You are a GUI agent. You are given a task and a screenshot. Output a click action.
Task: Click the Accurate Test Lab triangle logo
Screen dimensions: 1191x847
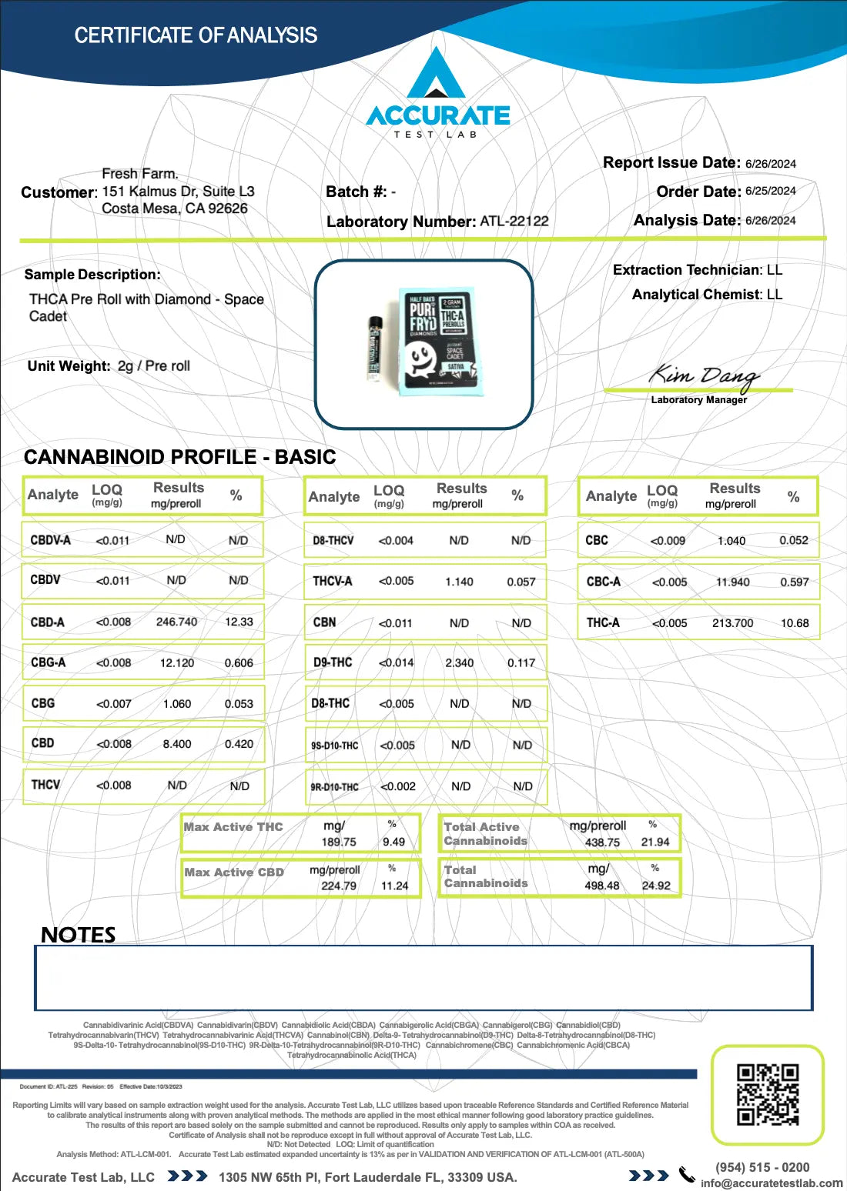click(x=436, y=75)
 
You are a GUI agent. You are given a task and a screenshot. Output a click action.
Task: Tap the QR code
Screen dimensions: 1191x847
click(x=767, y=1094)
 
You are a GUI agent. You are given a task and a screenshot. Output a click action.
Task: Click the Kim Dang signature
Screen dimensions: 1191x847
click(x=704, y=376)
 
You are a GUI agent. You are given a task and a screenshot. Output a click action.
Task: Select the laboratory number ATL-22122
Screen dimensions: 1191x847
click(x=514, y=222)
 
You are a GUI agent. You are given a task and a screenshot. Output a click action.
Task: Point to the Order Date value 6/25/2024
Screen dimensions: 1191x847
click(x=770, y=191)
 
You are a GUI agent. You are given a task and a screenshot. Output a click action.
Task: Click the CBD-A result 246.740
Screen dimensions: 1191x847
click(x=176, y=622)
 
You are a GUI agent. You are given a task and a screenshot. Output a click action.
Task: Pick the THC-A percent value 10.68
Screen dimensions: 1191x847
click(x=795, y=623)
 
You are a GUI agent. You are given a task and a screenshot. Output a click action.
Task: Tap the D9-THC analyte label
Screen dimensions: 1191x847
click(x=333, y=662)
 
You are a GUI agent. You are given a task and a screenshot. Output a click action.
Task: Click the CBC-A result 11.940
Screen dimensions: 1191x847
click(x=732, y=582)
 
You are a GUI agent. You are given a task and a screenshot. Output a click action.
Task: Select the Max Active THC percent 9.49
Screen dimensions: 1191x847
click(x=393, y=842)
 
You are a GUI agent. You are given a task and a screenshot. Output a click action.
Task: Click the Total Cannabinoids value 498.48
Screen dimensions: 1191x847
click(x=601, y=886)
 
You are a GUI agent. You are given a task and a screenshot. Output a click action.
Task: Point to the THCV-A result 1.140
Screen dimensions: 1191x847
click(x=459, y=582)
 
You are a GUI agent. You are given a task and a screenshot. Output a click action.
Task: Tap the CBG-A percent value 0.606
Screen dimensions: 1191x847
click(x=239, y=663)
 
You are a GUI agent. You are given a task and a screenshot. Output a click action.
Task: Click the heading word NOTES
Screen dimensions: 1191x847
click(x=79, y=935)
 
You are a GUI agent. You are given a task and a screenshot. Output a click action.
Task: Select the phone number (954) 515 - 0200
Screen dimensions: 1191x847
click(x=762, y=1167)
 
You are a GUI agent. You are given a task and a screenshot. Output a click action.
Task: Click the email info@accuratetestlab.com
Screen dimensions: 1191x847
click(x=772, y=1183)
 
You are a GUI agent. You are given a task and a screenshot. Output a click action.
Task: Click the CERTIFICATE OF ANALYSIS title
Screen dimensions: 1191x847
click(x=196, y=35)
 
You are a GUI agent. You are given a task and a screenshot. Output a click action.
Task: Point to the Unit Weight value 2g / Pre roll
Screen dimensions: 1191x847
click(x=154, y=366)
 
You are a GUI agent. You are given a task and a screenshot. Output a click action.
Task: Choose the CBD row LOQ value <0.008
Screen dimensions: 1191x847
click(x=114, y=744)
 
